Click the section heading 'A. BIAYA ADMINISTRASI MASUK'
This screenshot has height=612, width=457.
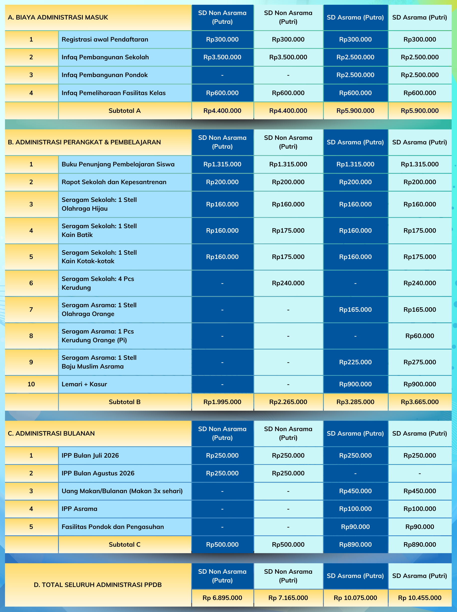click(x=58, y=18)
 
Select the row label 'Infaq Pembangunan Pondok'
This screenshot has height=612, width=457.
click(x=105, y=75)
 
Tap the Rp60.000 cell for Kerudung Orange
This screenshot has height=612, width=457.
click(x=419, y=336)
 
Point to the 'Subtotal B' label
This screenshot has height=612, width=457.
click(x=125, y=402)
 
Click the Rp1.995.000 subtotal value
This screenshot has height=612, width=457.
click(x=222, y=402)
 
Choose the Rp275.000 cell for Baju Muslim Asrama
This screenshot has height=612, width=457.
click(x=419, y=362)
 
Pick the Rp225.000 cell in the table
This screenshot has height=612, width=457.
click(x=355, y=362)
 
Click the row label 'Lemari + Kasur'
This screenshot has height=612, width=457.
click(x=84, y=384)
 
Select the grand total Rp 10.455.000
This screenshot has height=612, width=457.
click(x=419, y=598)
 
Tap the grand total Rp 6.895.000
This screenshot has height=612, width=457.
click(x=222, y=598)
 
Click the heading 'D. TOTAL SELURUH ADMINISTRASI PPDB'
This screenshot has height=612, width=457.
click(x=98, y=585)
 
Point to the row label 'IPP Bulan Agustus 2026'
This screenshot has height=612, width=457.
click(x=98, y=473)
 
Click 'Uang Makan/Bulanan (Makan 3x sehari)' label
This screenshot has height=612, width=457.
click(x=122, y=491)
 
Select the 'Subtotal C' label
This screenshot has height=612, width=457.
click(x=125, y=544)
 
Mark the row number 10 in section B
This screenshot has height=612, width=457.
click(x=31, y=384)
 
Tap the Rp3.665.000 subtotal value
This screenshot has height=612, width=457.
click(x=419, y=402)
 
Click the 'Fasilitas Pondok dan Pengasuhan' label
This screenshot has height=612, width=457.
click(x=113, y=527)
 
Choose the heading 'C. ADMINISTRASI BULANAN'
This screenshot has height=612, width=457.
click(x=51, y=434)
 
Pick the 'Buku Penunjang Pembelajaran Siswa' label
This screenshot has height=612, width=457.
click(x=118, y=164)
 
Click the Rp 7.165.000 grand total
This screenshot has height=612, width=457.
click(x=288, y=598)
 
